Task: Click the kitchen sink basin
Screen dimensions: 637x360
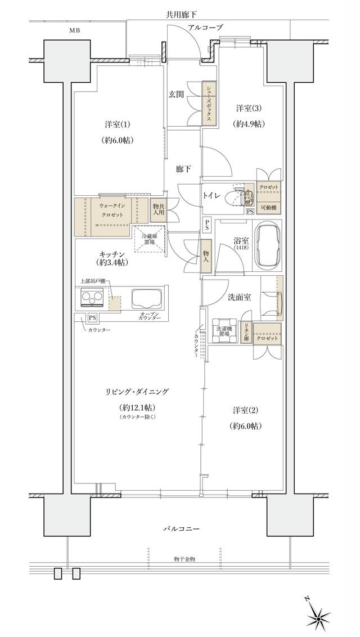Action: (146, 298)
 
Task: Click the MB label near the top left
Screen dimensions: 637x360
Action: (74, 30)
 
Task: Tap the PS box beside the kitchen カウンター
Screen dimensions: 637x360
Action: (91, 318)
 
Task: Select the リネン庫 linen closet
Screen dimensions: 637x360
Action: (245, 334)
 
